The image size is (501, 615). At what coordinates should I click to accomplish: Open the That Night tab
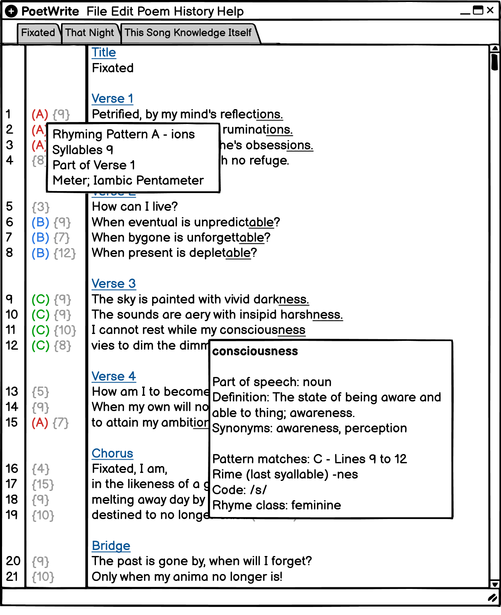click(90, 33)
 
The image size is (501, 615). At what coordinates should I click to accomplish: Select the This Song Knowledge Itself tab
click(188, 33)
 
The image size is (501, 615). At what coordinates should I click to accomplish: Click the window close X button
click(490, 10)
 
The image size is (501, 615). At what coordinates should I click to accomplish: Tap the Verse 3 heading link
click(114, 284)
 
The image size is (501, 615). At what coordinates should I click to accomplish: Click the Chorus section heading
click(112, 454)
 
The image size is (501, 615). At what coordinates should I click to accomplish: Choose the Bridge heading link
click(111, 546)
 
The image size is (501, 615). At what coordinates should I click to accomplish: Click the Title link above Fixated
click(104, 53)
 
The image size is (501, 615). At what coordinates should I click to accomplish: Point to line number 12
click(12, 346)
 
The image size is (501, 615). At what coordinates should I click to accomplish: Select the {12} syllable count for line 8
click(65, 253)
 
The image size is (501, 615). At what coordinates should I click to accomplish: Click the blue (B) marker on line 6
click(40, 222)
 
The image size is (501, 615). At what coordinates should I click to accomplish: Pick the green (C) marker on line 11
click(40, 330)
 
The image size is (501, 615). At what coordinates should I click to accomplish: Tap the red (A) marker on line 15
click(40, 423)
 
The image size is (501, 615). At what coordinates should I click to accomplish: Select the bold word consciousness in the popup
click(255, 351)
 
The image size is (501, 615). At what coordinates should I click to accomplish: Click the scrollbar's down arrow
click(495, 584)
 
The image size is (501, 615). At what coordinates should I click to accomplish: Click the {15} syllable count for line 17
click(43, 485)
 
